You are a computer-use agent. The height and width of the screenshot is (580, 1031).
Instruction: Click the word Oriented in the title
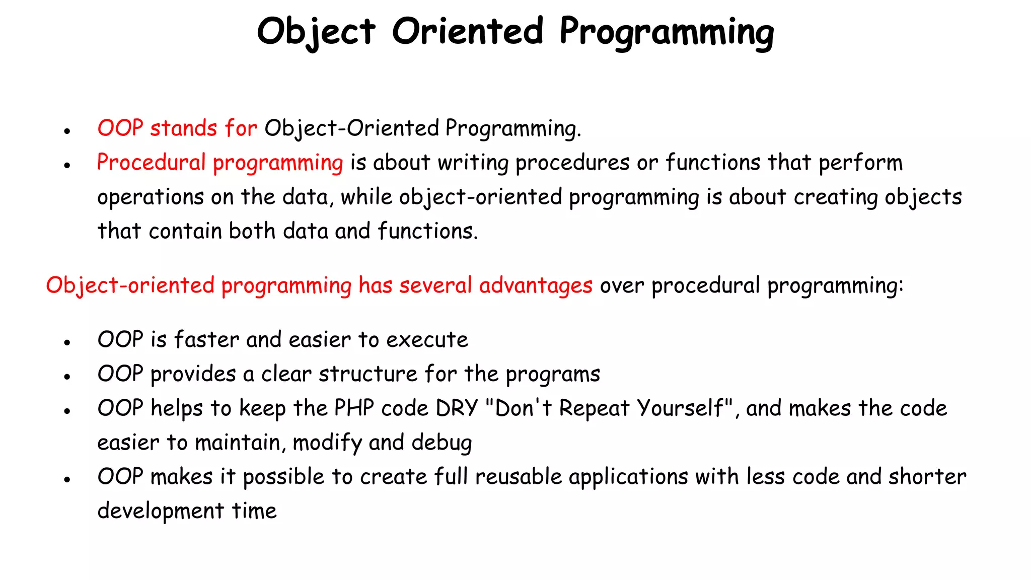468,31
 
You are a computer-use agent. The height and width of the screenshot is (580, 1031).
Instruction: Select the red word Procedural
151,163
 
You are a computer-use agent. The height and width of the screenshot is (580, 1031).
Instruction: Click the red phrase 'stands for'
203,128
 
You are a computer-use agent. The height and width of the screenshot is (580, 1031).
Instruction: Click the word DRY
457,408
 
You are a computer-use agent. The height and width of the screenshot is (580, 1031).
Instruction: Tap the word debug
441,443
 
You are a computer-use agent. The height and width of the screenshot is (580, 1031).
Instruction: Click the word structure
367,374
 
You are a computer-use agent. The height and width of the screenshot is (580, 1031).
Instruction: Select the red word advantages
536,286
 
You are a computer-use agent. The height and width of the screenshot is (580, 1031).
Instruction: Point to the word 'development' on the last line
160,511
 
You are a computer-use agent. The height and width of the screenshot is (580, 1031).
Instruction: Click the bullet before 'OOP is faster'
67,342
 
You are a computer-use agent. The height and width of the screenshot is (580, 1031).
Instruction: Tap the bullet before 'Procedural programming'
67,165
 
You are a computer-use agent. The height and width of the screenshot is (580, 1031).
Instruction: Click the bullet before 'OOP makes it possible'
67,479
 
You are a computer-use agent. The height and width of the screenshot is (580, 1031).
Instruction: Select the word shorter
927,476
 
